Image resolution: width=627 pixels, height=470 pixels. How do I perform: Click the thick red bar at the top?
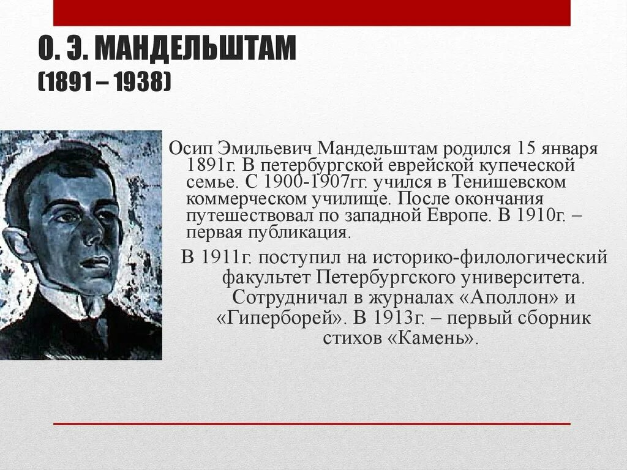(312, 12)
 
